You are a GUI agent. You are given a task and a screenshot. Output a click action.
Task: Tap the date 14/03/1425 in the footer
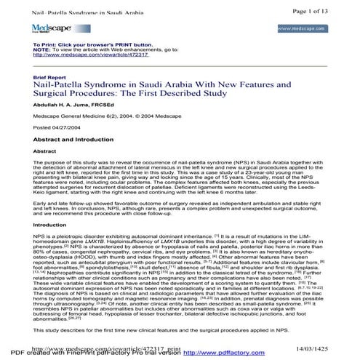coord(332,348)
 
